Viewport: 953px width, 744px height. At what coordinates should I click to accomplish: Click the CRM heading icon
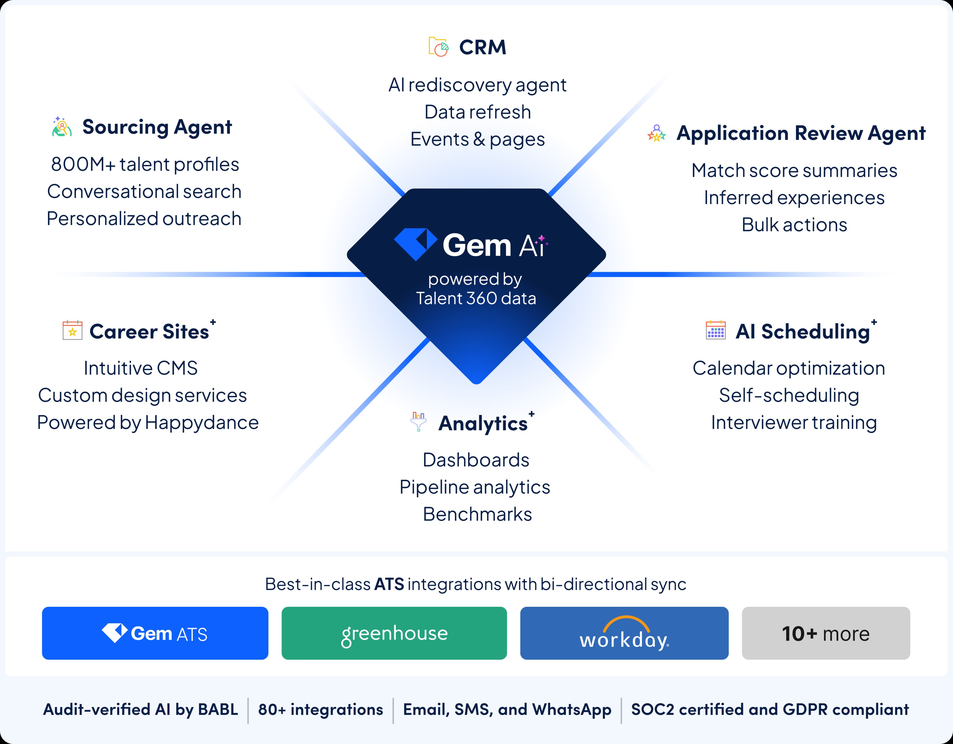pos(438,47)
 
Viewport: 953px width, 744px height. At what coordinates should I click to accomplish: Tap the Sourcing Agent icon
pos(62,127)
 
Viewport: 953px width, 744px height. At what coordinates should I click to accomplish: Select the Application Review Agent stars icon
pos(656,134)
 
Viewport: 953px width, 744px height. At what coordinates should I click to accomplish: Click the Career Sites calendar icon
pos(72,330)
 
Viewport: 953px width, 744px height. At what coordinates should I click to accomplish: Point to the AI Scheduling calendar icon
pos(716,330)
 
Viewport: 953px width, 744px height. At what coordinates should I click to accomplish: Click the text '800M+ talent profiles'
pos(145,165)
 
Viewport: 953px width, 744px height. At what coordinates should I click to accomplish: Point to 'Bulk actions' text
pos(794,225)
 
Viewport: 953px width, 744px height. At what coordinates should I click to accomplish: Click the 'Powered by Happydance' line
pos(147,423)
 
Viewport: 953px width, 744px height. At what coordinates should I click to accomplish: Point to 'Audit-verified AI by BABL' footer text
pos(140,709)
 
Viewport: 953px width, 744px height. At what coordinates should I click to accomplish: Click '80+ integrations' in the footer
pos(320,709)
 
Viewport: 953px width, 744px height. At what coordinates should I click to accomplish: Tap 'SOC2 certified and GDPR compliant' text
pos(770,709)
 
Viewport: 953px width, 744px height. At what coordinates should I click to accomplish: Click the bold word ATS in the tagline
pos(389,584)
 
